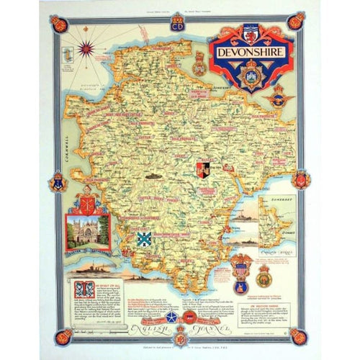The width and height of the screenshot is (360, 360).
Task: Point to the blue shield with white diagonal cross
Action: pyautogui.click(x=144, y=239)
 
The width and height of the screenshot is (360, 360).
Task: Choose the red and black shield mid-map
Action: pyautogui.click(x=203, y=170)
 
